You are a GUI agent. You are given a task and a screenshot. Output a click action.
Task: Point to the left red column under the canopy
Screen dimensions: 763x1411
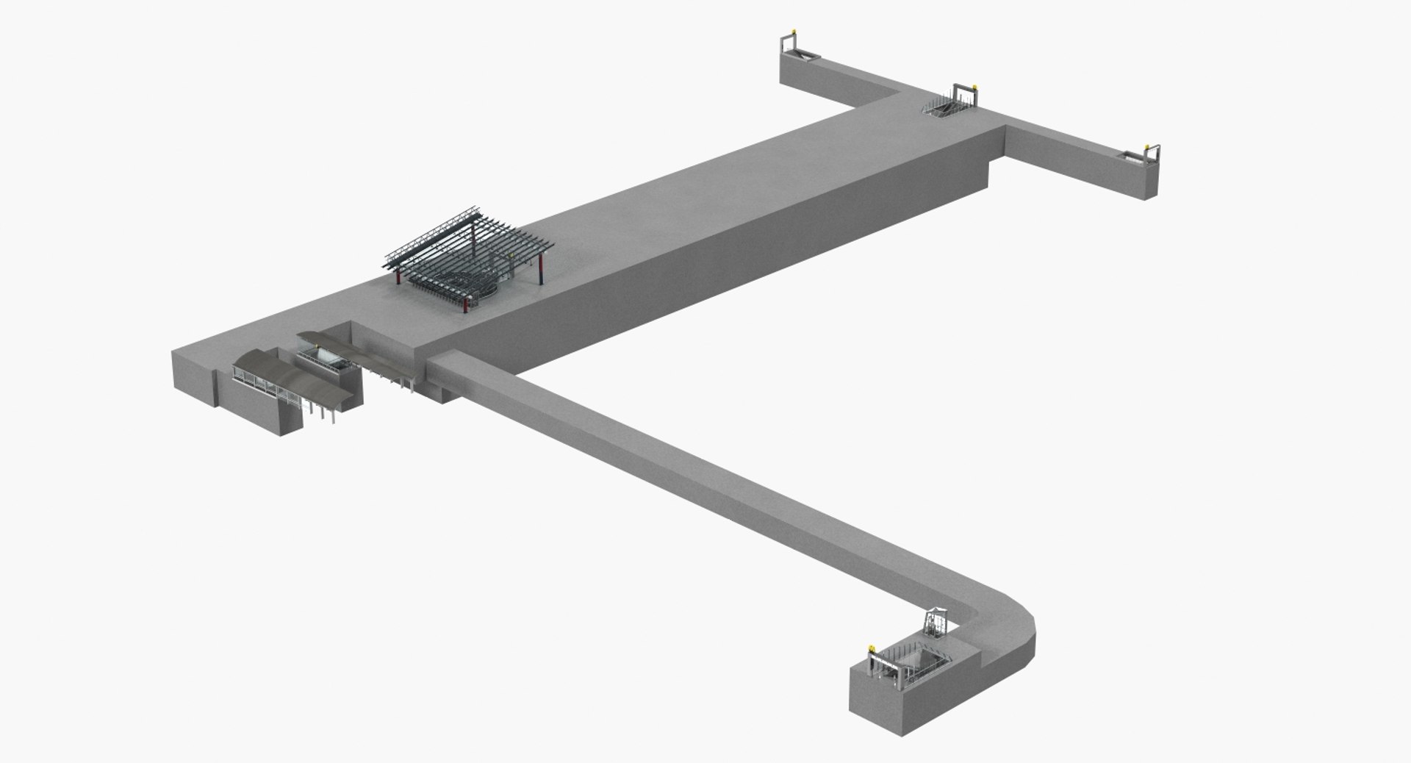coord(398,275)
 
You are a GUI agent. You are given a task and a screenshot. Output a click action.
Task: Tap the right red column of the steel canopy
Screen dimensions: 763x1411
coord(542,272)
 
